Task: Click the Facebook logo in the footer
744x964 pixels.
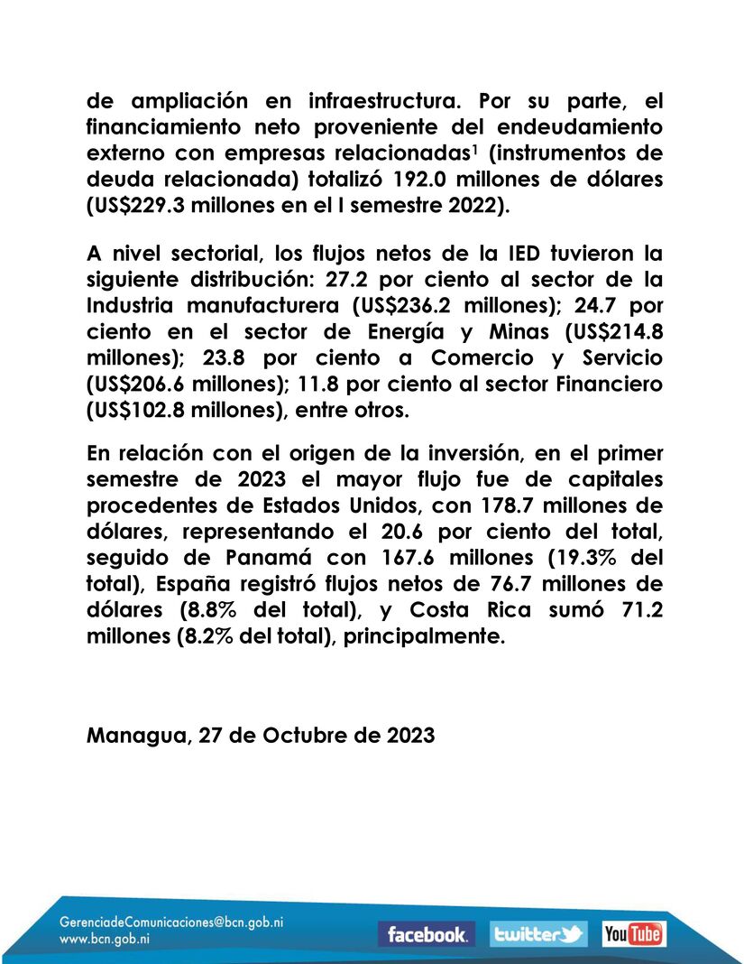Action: [x=427, y=934]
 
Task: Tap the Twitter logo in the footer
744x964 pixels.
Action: [x=538, y=934]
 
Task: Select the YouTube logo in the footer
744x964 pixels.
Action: [x=634, y=934]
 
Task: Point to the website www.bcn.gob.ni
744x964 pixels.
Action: [x=105, y=939]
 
